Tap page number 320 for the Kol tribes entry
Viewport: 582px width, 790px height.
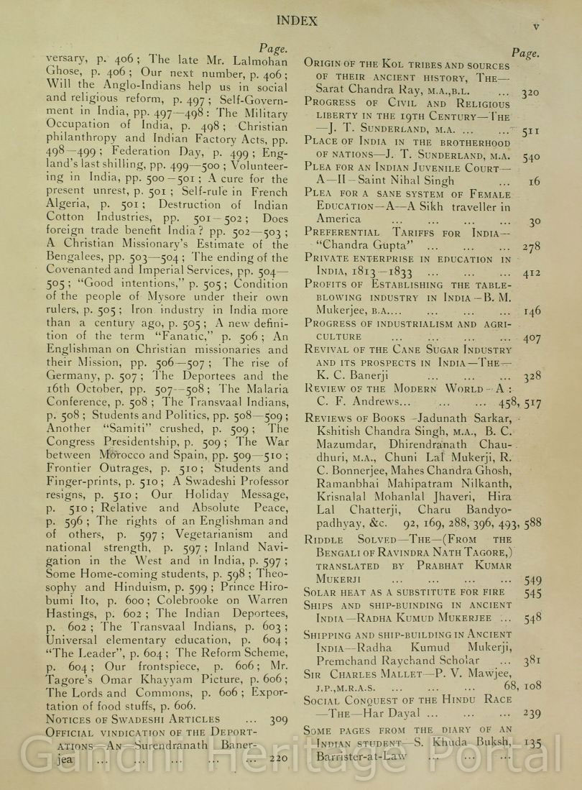tap(530, 92)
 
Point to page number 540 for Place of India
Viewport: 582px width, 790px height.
tap(530, 156)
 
